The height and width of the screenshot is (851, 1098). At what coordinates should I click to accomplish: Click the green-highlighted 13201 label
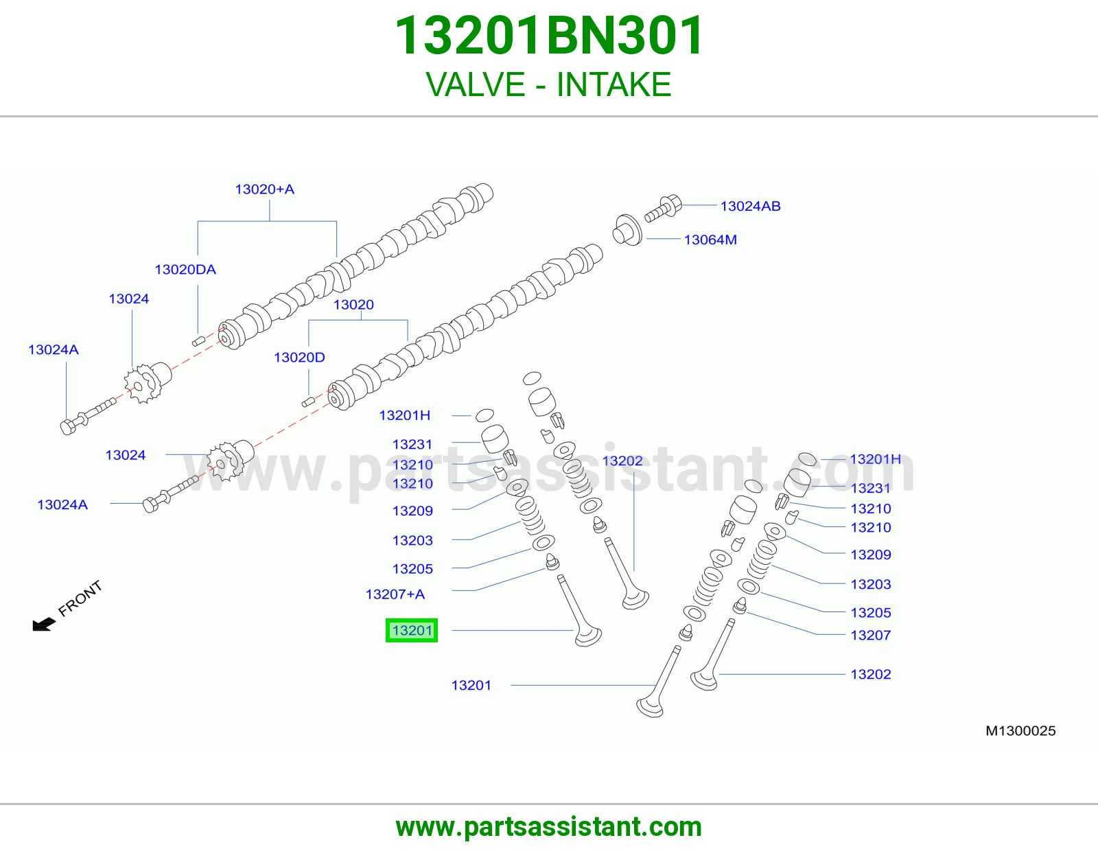(x=411, y=630)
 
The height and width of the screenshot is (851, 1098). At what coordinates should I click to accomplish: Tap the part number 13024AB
(x=750, y=206)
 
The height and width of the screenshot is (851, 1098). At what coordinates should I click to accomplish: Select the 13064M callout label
(x=710, y=240)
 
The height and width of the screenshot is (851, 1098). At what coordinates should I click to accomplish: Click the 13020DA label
(x=185, y=269)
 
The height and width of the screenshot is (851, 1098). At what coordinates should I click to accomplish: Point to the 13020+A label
(x=264, y=189)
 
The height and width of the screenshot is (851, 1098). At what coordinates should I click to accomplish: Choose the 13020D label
(x=299, y=358)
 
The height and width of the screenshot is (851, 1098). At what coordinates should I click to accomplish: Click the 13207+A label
(x=395, y=594)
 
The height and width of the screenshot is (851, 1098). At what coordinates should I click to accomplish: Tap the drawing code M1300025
(x=1020, y=731)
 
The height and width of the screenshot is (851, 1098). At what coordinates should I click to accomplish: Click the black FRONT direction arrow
(x=44, y=624)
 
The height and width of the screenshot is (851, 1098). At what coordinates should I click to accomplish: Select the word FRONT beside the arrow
(x=80, y=598)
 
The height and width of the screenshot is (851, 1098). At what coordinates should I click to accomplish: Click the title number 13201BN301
(x=548, y=36)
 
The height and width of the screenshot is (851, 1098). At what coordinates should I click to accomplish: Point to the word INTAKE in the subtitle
(x=614, y=84)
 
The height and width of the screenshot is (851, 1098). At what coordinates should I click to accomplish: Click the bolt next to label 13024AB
(x=663, y=209)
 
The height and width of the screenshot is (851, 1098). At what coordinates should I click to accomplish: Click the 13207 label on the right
(x=870, y=635)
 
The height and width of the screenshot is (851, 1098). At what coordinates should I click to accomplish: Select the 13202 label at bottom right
(x=870, y=674)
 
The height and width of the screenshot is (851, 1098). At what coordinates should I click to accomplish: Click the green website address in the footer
(x=549, y=827)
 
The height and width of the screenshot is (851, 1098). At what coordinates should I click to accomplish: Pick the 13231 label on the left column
(x=412, y=444)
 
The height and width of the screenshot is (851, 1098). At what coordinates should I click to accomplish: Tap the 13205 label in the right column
(x=870, y=612)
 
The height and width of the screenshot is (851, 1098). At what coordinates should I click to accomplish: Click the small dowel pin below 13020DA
(x=198, y=341)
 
